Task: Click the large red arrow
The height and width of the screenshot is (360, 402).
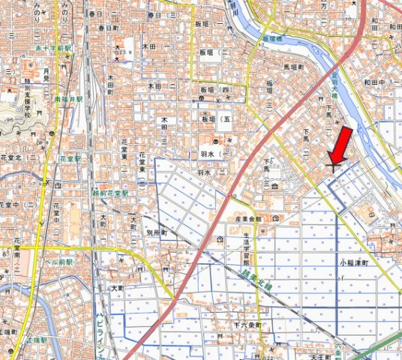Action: point(340,145)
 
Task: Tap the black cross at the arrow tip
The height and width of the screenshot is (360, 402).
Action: point(331,167)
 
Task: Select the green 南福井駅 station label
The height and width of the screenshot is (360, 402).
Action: point(68,98)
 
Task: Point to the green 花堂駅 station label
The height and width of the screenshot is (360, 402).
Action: point(70,159)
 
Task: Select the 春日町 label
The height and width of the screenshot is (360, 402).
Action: point(109,28)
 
